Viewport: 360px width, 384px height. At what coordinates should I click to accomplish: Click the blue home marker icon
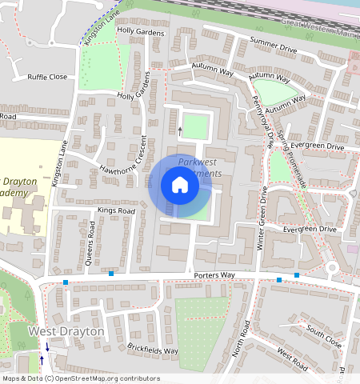180,186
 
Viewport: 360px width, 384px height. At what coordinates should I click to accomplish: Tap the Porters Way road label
214,276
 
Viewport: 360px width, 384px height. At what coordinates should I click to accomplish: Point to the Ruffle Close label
47,78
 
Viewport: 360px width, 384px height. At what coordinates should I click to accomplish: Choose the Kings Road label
116,210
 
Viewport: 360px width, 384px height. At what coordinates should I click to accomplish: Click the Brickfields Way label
152,350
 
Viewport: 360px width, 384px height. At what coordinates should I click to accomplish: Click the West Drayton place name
66,331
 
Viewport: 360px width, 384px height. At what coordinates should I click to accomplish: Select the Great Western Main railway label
321,33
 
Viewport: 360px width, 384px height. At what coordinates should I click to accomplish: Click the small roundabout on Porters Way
333,267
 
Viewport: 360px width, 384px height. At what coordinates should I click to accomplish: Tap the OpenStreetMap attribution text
80,378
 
